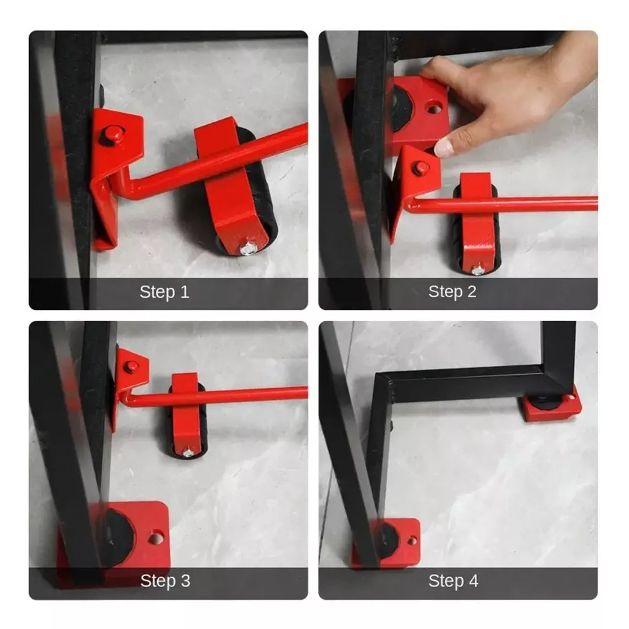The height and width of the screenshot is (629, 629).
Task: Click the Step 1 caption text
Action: tap(165, 291)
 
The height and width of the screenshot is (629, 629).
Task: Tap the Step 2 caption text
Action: tap(452, 291)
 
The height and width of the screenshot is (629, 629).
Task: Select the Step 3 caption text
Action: tap(165, 581)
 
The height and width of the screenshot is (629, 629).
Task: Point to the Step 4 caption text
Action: tap(453, 581)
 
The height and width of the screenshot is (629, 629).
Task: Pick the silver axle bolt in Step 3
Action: tap(187, 452)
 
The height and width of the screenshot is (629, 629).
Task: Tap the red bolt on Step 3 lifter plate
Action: tap(131, 366)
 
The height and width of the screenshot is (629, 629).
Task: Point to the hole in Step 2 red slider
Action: tap(433, 108)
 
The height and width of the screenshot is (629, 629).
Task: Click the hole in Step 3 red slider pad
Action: tap(156, 537)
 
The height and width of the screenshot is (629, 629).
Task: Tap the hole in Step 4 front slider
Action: tap(413, 541)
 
